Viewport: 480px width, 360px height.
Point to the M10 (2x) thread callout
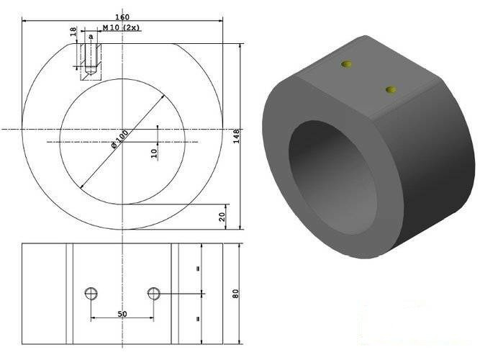120,27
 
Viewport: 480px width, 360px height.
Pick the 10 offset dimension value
153,153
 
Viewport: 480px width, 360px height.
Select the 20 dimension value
222,216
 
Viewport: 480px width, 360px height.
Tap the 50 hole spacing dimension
122,315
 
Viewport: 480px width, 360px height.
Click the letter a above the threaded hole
91,35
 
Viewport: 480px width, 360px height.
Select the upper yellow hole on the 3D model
348,65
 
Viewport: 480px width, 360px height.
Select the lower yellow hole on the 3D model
391,90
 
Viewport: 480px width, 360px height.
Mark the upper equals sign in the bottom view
197,268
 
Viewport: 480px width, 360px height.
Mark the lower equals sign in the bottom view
197,317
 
